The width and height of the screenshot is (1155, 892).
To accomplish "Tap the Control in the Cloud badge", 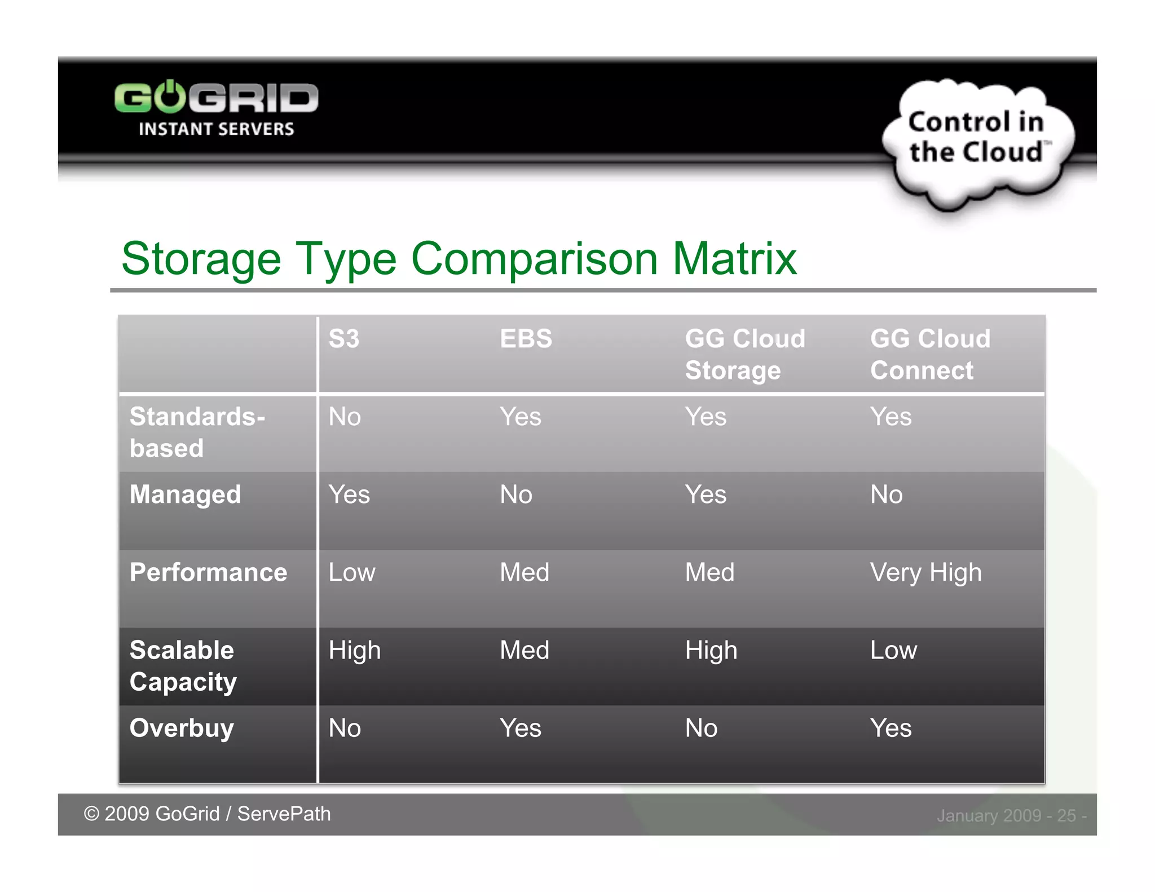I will click(976, 138).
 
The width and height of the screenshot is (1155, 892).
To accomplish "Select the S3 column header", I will click(344, 339).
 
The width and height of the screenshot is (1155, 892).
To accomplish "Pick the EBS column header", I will click(526, 339).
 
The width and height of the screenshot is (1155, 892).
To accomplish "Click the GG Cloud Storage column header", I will click(744, 354).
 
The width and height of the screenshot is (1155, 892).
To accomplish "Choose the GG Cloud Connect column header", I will click(929, 354).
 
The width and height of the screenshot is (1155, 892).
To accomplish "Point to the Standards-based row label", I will click(197, 432).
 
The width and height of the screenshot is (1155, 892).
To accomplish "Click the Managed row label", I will click(185, 494).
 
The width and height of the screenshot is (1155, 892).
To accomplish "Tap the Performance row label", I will click(208, 572).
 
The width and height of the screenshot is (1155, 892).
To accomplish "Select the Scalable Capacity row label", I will click(183, 666).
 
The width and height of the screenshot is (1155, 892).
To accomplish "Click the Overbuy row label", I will click(181, 728).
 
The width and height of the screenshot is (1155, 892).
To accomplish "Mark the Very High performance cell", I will click(925, 573).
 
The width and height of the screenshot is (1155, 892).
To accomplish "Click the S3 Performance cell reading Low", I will click(351, 573).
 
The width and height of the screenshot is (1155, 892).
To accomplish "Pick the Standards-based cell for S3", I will click(345, 417).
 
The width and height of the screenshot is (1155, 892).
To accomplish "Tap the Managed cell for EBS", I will click(515, 495).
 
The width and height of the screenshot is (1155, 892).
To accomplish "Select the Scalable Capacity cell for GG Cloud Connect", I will click(893, 651).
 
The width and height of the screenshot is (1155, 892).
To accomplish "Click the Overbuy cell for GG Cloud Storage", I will click(701, 728).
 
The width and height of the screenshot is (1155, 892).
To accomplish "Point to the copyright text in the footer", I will click(207, 814).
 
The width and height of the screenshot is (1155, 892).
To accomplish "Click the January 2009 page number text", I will click(1011, 815).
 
